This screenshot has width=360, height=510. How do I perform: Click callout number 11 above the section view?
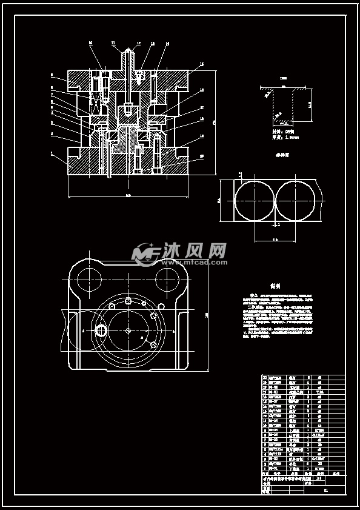113,43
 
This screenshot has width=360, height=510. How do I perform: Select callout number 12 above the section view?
138,44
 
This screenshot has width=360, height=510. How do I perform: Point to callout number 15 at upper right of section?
202,64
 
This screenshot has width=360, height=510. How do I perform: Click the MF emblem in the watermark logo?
146,253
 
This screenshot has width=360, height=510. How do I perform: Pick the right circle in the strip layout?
295,201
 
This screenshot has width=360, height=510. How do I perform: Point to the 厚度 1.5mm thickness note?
280,138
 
